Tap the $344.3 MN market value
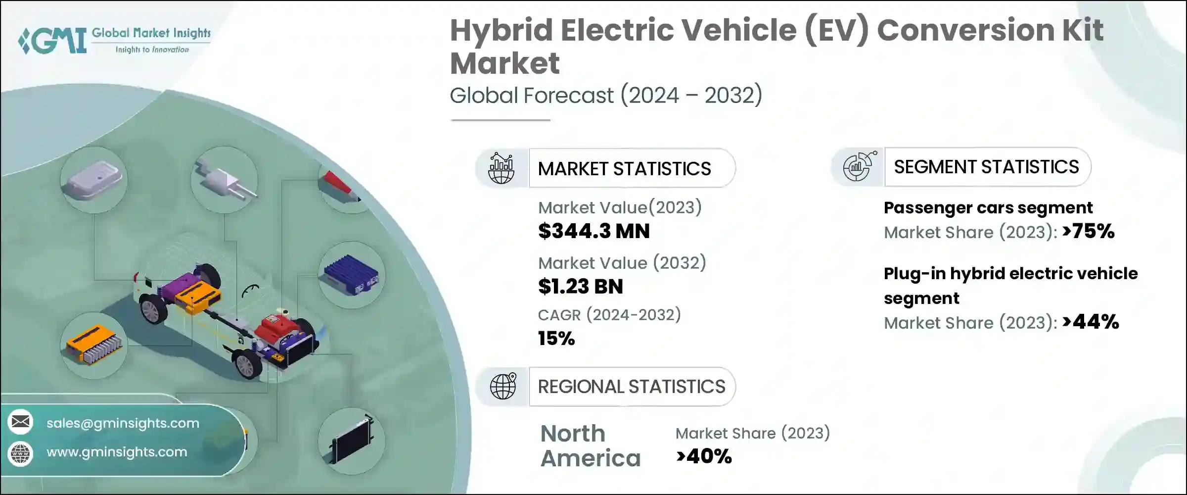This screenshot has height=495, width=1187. coord(593,231)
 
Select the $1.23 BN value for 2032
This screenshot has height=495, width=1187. coord(580,287)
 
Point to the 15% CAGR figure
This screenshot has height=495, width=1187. coord(556,339)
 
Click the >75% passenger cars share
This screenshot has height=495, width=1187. coord(1088,231)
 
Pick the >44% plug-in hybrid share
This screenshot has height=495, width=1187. coord(1091,322)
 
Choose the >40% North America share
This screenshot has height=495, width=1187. coord(704,456)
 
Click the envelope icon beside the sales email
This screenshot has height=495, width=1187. coord(20,422)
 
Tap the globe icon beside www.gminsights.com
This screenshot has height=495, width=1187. coord(20,453)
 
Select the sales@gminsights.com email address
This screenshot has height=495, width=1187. coord(123,423)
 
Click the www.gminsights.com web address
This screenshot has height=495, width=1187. coord(117,452)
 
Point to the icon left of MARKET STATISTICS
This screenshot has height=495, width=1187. coord(501,168)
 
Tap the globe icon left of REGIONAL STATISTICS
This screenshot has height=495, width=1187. coord(502,387)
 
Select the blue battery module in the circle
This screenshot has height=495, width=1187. coord(351,275)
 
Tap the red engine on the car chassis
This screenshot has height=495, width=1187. coord(277,327)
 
